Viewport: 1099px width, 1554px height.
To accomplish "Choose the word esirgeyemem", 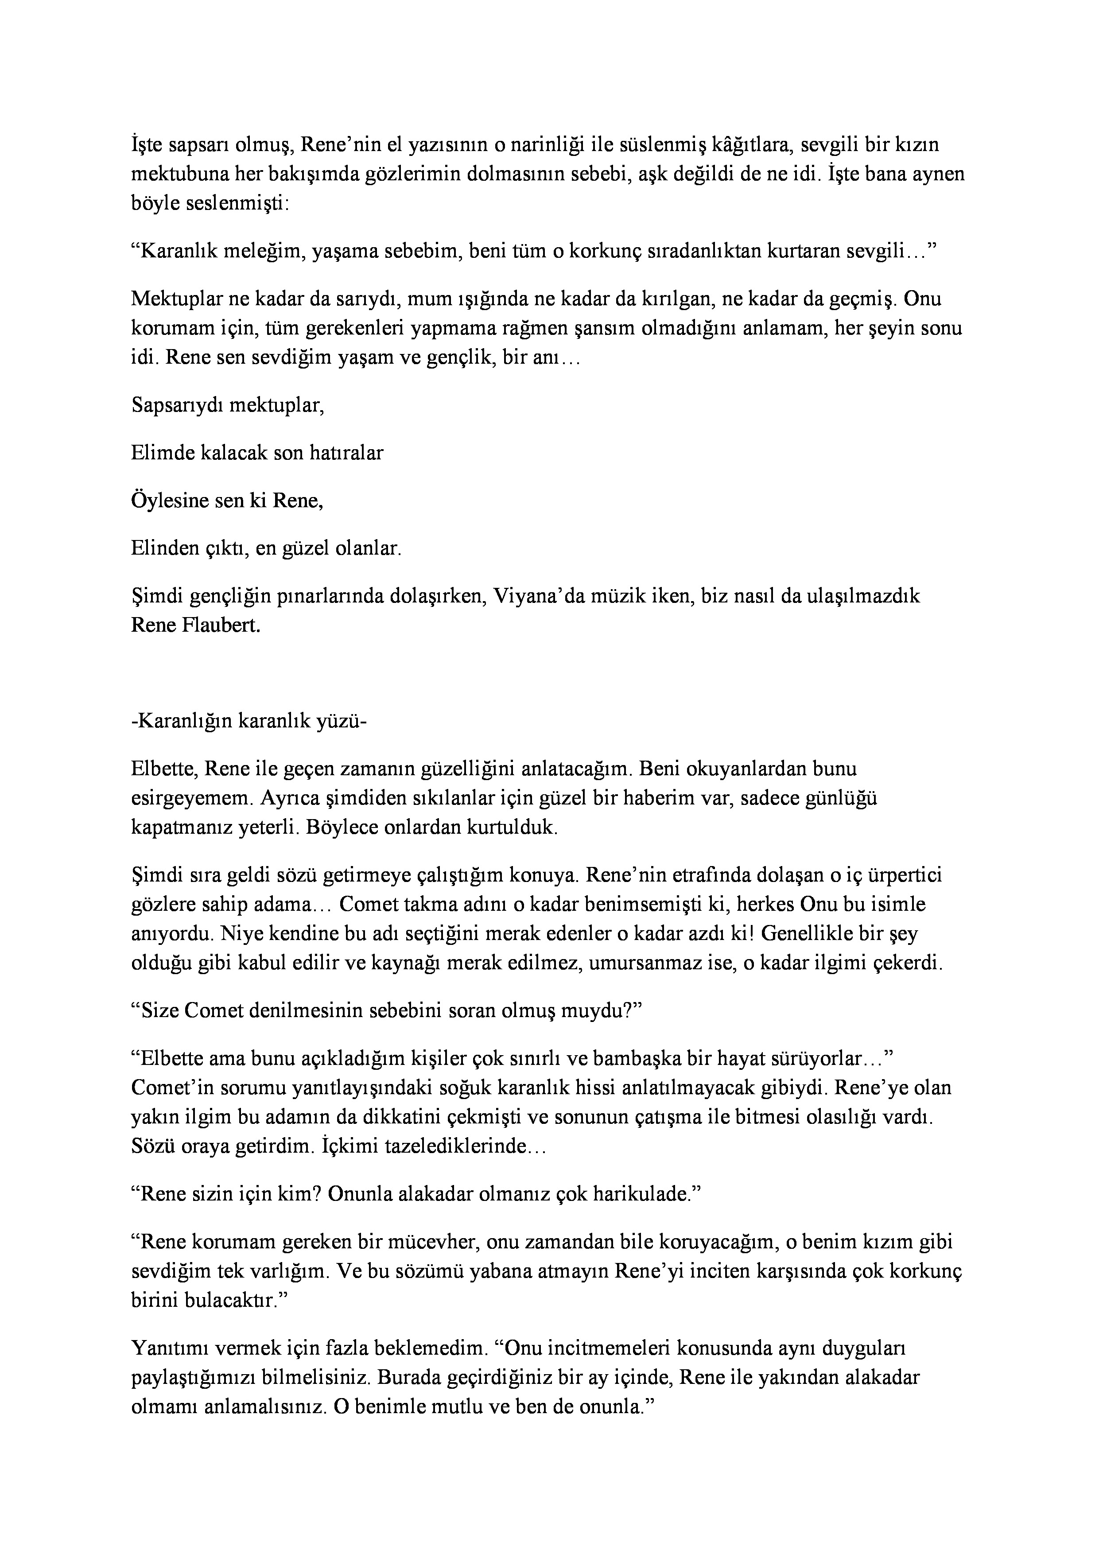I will (x=191, y=799).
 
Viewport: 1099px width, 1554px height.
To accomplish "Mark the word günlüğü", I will (x=842, y=799).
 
